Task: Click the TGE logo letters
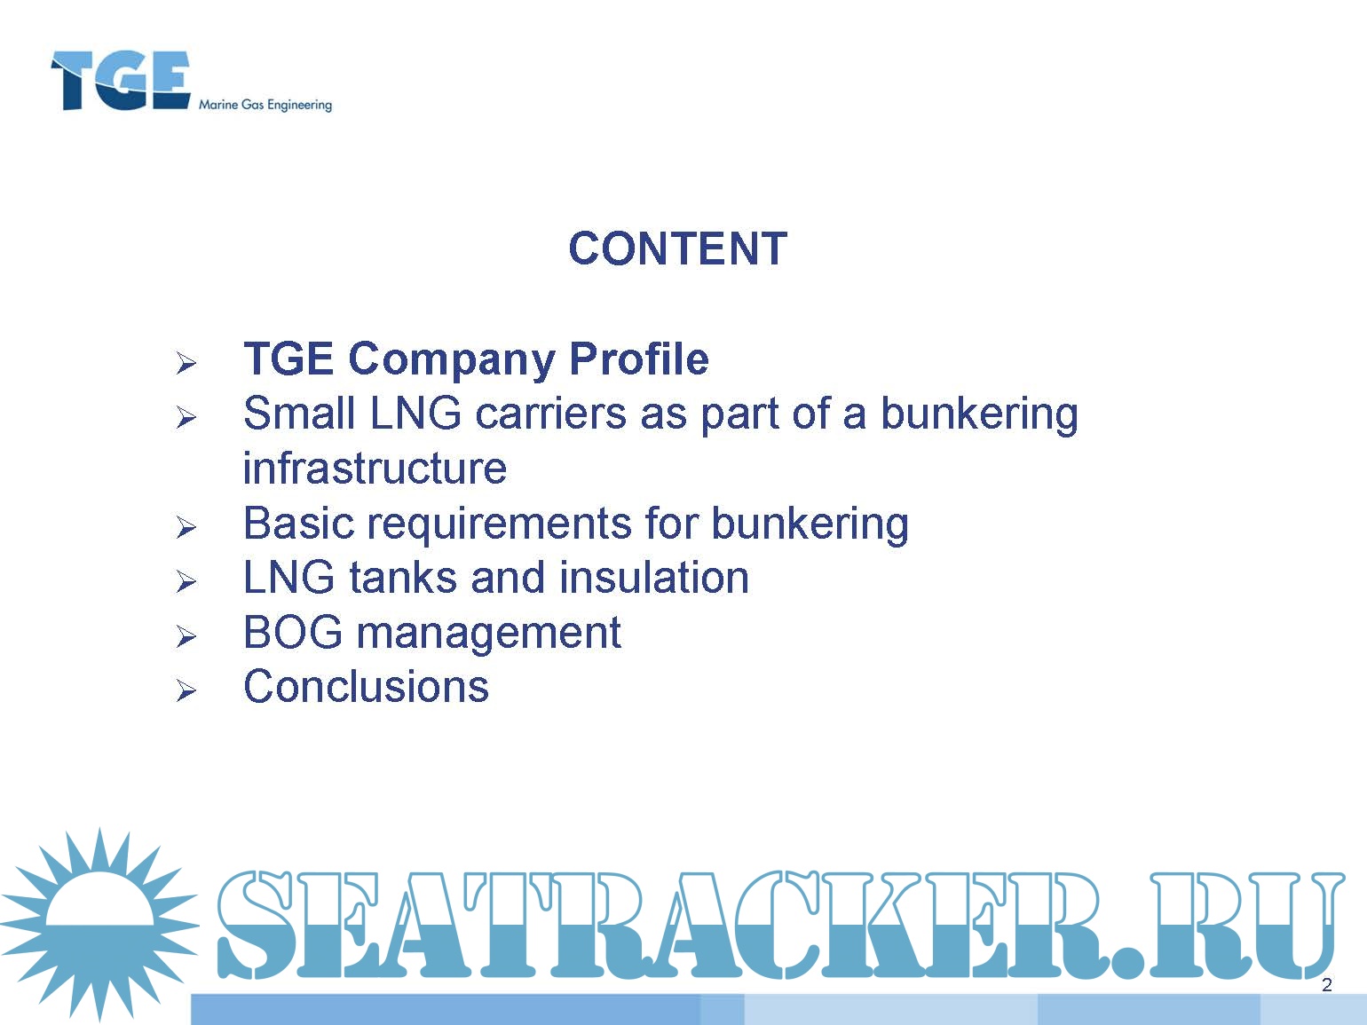click(120, 80)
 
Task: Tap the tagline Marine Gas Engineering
click(265, 106)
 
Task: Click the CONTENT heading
click(677, 248)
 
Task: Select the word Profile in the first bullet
click(639, 359)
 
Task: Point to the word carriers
click(550, 414)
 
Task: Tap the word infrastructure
click(375, 468)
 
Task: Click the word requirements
click(500, 524)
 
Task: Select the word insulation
click(654, 577)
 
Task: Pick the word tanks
click(402, 577)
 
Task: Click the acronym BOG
click(293, 632)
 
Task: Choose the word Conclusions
click(367, 686)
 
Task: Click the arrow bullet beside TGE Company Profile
click(186, 363)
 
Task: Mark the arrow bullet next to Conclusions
click(186, 690)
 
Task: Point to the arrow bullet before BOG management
click(186, 636)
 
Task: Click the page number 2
click(1326, 985)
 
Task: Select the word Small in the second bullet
click(299, 414)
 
